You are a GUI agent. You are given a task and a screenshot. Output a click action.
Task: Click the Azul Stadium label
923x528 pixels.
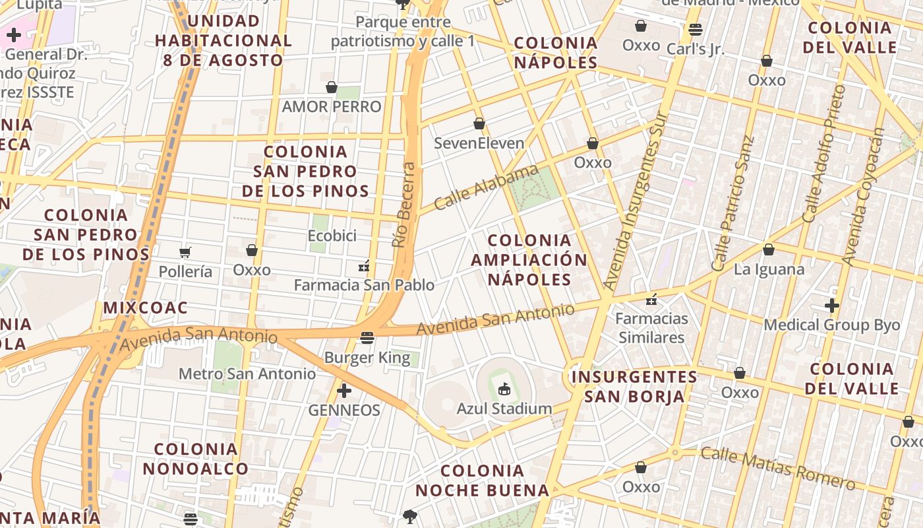504,409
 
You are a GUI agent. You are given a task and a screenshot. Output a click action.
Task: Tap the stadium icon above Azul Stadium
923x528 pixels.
504,388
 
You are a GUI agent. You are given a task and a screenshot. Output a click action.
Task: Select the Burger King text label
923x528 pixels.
367,358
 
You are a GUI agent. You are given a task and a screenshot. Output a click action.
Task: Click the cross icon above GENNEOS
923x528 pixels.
343,391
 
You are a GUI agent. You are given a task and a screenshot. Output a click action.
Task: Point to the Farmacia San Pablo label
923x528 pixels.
364,285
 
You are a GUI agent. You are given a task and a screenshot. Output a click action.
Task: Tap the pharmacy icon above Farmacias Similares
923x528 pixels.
652,300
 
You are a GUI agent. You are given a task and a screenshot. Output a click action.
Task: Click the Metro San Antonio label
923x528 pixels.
247,374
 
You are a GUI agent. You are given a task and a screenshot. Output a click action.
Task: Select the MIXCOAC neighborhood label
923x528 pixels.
145,308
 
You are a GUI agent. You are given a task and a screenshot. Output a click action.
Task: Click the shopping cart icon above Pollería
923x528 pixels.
185,252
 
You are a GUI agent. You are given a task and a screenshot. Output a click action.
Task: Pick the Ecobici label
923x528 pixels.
332,236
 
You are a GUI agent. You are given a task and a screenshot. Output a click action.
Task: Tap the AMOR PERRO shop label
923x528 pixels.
332,106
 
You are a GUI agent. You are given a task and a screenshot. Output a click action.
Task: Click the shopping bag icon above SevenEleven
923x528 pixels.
479,123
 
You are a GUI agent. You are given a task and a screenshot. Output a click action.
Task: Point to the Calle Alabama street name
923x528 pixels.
487,187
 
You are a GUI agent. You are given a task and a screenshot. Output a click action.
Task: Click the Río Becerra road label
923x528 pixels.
405,205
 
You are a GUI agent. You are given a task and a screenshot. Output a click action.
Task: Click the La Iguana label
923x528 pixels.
769,269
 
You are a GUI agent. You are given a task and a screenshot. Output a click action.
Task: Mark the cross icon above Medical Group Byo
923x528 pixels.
832,306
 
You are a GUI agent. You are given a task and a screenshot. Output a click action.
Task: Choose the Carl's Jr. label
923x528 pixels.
695,49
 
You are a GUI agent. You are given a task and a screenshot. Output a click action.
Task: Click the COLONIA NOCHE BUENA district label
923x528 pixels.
482,480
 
